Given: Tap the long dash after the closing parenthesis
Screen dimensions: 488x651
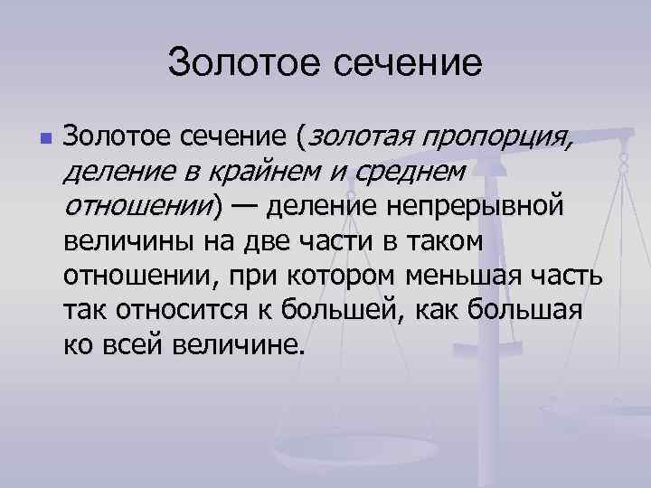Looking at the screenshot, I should pyautogui.click(x=242, y=207).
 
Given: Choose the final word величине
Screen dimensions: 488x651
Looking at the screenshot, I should pyautogui.click(x=239, y=345).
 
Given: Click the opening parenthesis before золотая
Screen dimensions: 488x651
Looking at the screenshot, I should pyautogui.click(x=303, y=138).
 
